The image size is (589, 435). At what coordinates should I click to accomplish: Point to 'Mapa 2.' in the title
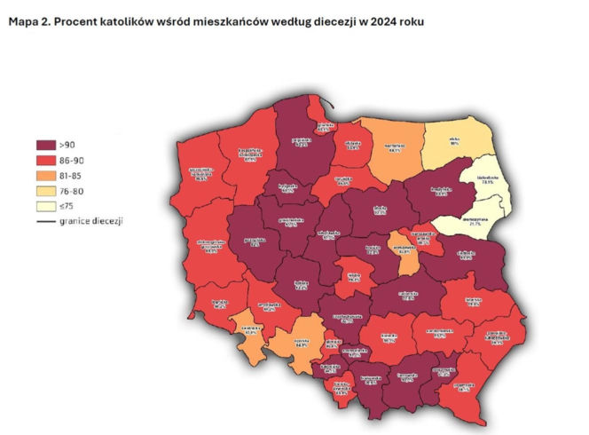(x=29, y=20)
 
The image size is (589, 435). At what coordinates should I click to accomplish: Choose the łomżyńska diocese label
(x=441, y=191)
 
